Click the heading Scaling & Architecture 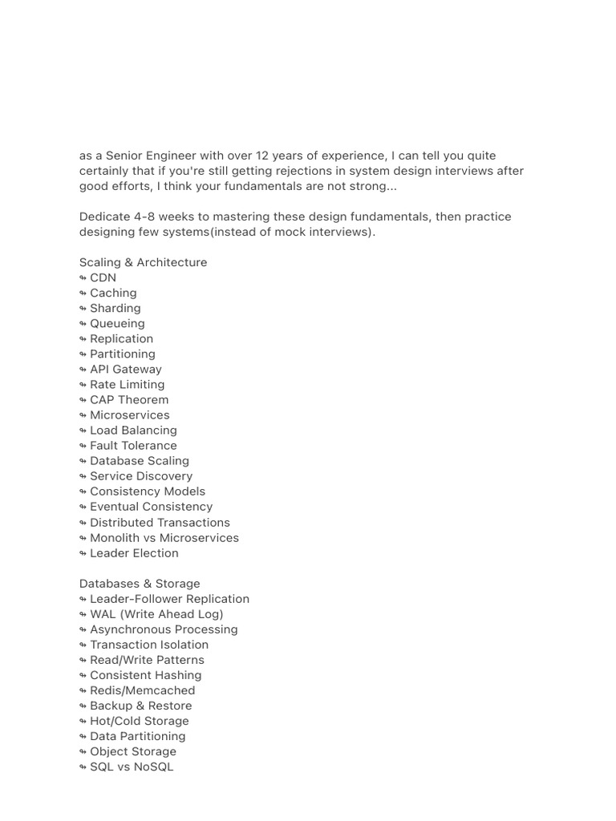[143, 262]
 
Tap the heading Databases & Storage [140, 584]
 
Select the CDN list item [103, 277]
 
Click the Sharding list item [115, 308]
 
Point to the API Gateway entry [125, 369]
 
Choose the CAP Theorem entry [129, 399]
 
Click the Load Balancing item [133, 430]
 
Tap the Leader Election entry [134, 553]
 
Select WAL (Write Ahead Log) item [156, 614]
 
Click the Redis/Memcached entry [142, 690]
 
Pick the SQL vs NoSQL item [132, 766]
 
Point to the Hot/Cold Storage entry [139, 721]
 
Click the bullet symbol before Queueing [83, 324]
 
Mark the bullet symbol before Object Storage [83, 752]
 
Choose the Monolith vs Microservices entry [164, 538]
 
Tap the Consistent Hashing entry [145, 675]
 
